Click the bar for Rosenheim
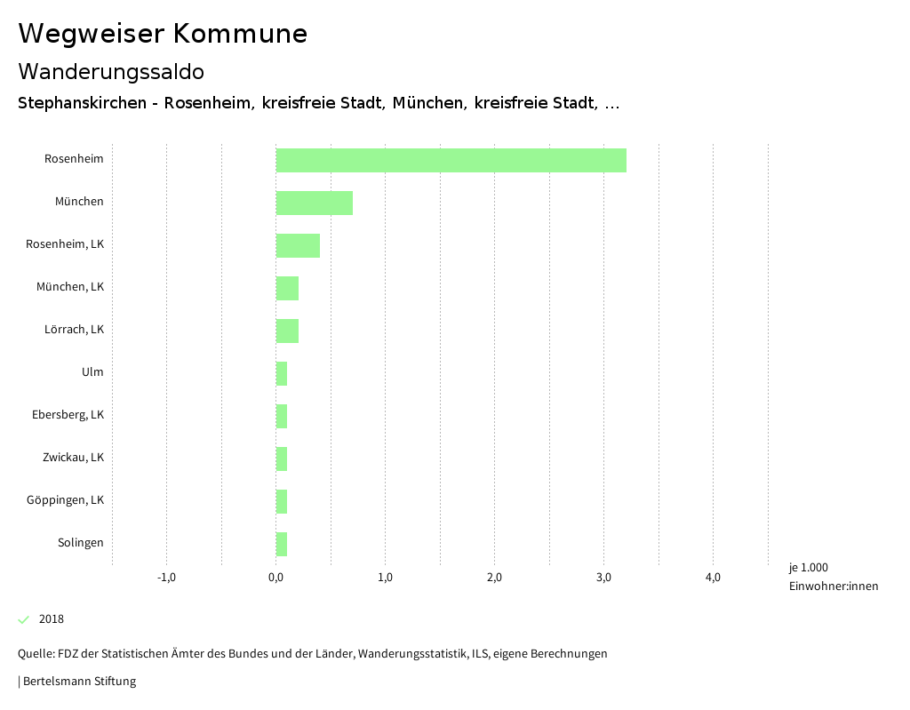pyautogui.click(x=451, y=160)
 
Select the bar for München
pyautogui.click(x=314, y=203)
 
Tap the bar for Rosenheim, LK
pyautogui.click(x=298, y=245)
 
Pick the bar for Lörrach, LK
pyautogui.click(x=287, y=331)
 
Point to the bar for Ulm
pyautogui.click(x=282, y=373)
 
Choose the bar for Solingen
pyautogui.click(x=282, y=544)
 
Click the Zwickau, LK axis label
pyautogui.click(x=73, y=458)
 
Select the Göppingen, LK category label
pyautogui.click(x=65, y=500)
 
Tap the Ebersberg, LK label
pyautogui.click(x=68, y=415)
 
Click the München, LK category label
pyautogui.click(x=70, y=287)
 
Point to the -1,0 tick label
pyautogui.click(x=166, y=578)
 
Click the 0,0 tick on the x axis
pyautogui.click(x=275, y=578)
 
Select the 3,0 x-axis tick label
pyautogui.click(x=603, y=578)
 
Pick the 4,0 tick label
pyautogui.click(x=713, y=578)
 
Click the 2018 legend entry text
pyautogui.click(x=52, y=619)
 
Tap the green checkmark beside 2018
pyautogui.click(x=24, y=619)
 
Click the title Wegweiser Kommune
pyautogui.click(x=163, y=34)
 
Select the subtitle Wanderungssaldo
pyautogui.click(x=111, y=71)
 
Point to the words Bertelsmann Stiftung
pyautogui.click(x=79, y=682)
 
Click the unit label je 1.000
pyautogui.click(x=808, y=568)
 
